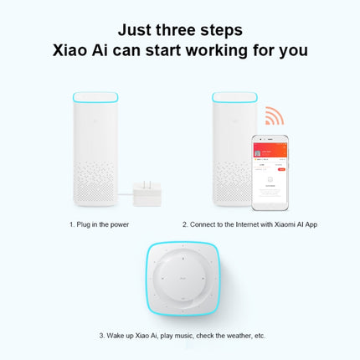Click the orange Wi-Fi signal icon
click(x=274, y=116)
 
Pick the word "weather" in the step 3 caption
click(x=239, y=336)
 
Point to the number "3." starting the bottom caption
click(x=102, y=336)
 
